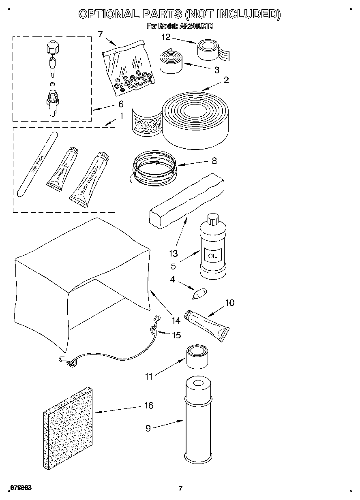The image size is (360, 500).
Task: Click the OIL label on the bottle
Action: click(x=212, y=256)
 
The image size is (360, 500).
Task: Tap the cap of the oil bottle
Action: click(x=212, y=220)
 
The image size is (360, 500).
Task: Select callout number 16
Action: click(x=149, y=405)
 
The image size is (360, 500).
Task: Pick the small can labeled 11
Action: click(x=197, y=357)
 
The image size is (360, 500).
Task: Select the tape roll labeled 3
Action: click(x=171, y=61)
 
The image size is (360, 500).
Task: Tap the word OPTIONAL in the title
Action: click(x=107, y=15)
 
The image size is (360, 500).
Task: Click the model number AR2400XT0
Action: click(x=196, y=27)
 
